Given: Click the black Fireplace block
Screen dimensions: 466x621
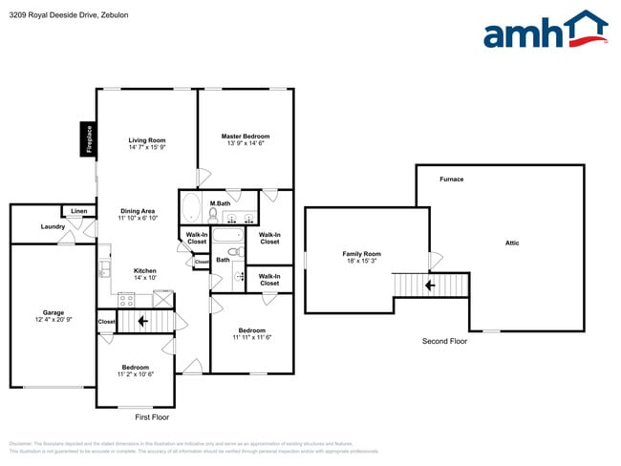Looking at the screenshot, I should (x=88, y=139).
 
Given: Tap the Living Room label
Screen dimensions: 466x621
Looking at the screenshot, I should (x=147, y=140).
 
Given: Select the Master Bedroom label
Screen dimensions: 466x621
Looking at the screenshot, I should (x=245, y=137).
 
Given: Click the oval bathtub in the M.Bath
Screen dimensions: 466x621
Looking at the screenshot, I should (x=190, y=208).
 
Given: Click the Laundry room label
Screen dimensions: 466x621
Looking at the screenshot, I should (x=53, y=226).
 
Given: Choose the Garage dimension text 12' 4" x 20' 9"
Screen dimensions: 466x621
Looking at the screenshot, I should (x=53, y=319).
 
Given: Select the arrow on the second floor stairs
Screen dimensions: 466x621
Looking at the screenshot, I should (x=430, y=285).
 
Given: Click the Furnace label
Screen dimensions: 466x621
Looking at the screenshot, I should (x=451, y=180).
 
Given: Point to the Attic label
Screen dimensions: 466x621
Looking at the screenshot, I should (x=512, y=244).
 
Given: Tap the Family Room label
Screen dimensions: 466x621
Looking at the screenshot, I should (x=361, y=254).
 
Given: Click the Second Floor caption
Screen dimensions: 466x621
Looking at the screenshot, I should (x=445, y=341).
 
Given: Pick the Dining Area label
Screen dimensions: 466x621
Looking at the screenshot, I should (x=138, y=211).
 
